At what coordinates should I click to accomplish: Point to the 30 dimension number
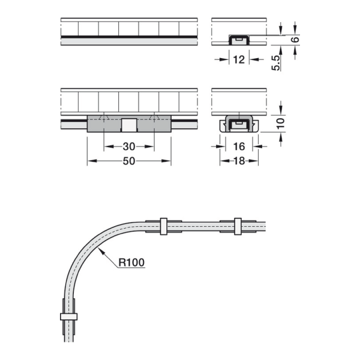(128, 146)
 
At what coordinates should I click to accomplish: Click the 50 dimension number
(128, 161)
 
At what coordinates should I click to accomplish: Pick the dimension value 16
(239, 146)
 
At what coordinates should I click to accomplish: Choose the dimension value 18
(239, 161)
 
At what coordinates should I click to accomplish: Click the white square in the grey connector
(129, 125)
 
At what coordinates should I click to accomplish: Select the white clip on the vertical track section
(68, 316)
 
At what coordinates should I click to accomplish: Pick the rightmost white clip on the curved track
(238, 226)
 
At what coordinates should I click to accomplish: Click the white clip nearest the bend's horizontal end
(163, 226)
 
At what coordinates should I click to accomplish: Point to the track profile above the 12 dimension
(239, 40)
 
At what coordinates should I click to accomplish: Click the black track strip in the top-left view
(129, 40)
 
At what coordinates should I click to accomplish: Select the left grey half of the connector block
(104, 125)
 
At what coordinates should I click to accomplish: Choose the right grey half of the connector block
(154, 125)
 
